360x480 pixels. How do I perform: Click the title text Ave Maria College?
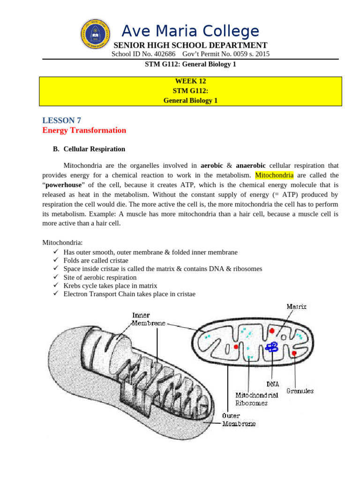190,31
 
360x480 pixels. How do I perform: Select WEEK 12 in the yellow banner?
190,81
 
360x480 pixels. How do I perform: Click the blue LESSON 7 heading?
61,120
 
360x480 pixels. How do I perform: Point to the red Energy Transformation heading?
84,130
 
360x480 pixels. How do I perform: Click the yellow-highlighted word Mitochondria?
274,175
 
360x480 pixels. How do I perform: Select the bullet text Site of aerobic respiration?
100,277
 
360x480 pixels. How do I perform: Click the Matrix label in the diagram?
296,307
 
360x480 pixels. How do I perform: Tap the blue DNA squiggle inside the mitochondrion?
272,347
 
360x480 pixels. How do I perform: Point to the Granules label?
300,390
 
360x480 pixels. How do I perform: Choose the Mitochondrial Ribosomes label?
256,398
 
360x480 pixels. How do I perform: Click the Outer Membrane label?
239,420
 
